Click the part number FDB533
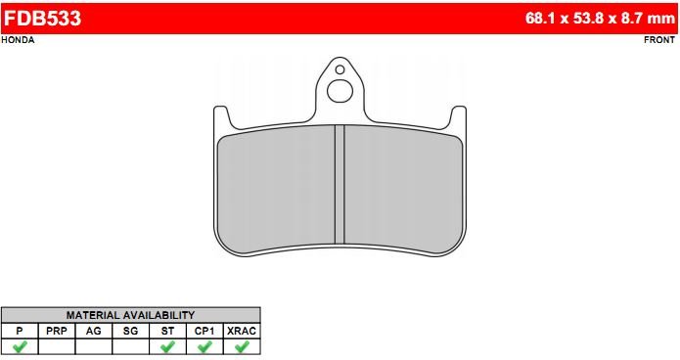[x=42, y=19]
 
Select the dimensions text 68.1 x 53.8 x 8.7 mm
[x=600, y=19]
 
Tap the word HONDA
[x=18, y=40]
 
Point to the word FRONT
[x=659, y=40]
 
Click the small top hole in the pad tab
[x=340, y=69]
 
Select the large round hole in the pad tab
[x=340, y=91]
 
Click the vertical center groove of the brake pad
[x=340, y=184]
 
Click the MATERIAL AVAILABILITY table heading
[x=130, y=315]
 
